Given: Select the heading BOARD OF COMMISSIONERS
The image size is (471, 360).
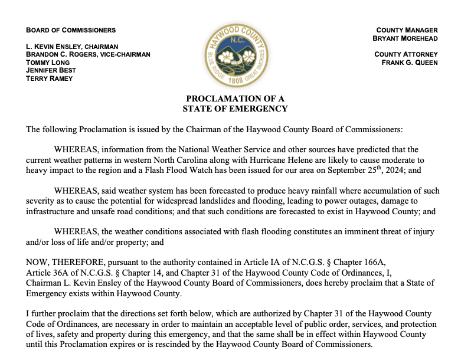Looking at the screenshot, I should tap(71, 30).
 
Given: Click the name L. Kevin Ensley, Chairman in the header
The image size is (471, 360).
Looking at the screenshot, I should tap(72, 47).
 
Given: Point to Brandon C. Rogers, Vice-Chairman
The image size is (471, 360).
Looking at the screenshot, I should tap(88, 54).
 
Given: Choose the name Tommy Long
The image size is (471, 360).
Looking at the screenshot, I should tap(48, 63).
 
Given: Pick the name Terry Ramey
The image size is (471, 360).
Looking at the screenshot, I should tap(50, 78).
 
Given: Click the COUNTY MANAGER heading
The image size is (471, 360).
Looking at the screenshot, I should tap(407, 30).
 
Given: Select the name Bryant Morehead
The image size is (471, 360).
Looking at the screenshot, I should tap(405, 38).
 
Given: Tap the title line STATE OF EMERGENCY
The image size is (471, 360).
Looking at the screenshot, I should tap(235, 109).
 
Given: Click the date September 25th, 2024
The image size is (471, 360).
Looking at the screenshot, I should tap(349, 171).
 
